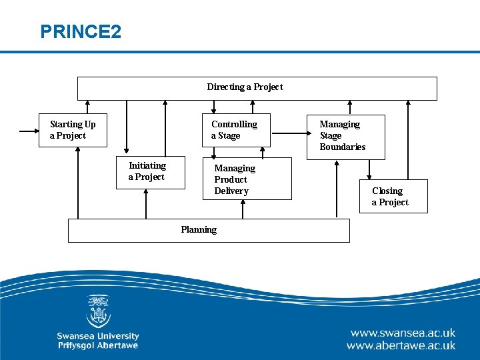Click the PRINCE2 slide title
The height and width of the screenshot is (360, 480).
click(81, 31)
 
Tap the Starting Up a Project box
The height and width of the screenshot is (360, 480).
click(73, 130)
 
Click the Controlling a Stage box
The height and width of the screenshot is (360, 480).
click(236, 130)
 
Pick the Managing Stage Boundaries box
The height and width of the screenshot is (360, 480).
click(345, 135)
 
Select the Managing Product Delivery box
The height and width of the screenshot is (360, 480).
click(247, 179)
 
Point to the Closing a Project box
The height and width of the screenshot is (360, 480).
click(393, 196)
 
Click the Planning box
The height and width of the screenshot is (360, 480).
click(209, 230)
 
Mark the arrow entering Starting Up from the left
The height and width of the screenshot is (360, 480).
click(29, 131)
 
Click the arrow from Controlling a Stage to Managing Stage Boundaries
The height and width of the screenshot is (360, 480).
click(288, 132)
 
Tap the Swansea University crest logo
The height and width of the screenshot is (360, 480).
click(98, 312)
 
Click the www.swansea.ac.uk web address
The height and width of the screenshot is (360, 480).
click(403, 333)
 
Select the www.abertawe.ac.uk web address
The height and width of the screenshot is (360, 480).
click(401, 345)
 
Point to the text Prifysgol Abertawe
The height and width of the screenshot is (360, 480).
click(98, 345)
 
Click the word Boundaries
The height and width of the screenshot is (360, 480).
click(342, 147)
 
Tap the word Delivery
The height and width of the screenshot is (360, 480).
click(231, 191)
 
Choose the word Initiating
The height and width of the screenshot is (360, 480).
click(147, 165)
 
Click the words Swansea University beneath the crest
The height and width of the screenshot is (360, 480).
click(98, 336)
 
